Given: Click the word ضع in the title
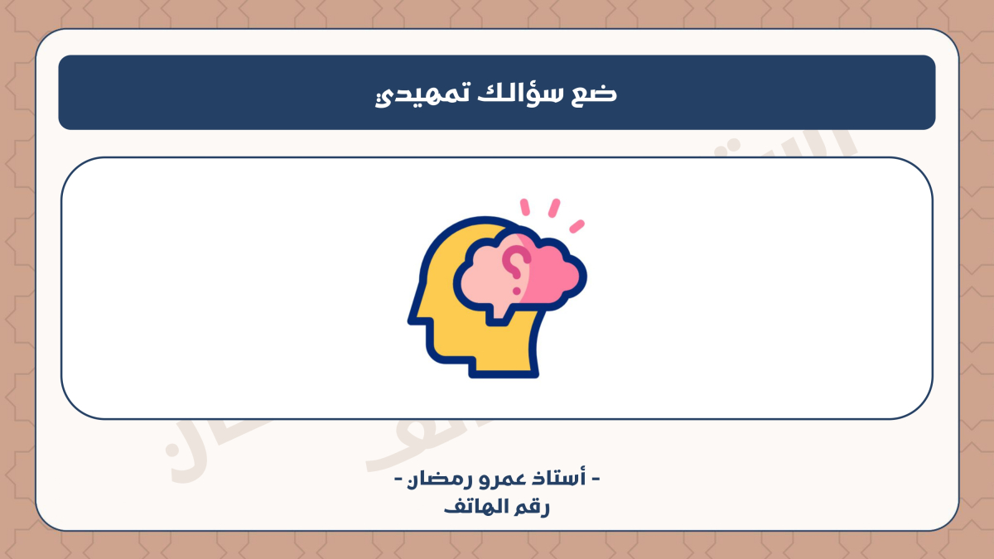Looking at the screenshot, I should pyautogui.click(x=601, y=93).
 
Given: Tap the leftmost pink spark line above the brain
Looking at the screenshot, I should pyautogui.click(x=524, y=207).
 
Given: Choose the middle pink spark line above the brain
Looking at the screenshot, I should pyautogui.click(x=554, y=208).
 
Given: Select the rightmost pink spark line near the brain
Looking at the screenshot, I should pyautogui.click(x=577, y=225).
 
